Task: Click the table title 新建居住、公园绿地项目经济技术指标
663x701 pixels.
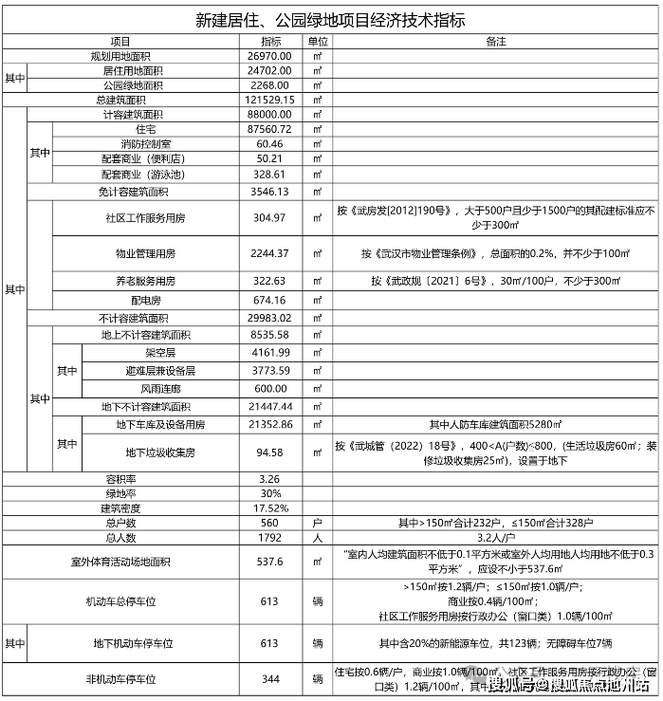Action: [330, 19]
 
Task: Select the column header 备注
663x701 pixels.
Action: [495, 43]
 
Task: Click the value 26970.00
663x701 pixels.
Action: [271, 57]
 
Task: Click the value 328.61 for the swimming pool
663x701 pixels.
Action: [271, 175]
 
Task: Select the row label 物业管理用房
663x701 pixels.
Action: [146, 254]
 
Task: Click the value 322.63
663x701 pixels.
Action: [271, 282]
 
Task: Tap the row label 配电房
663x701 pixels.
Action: [146, 300]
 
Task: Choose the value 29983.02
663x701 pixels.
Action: [271, 318]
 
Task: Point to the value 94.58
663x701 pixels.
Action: [271, 451]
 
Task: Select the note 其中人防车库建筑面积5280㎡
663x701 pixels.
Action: [495, 424]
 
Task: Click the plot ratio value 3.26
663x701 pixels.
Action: [271, 479]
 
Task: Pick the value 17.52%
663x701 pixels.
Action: [271, 507]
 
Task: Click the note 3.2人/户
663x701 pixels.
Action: [495, 537]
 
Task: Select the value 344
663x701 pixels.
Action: [271, 679]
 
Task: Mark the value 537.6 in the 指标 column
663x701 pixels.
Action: [271, 562]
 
